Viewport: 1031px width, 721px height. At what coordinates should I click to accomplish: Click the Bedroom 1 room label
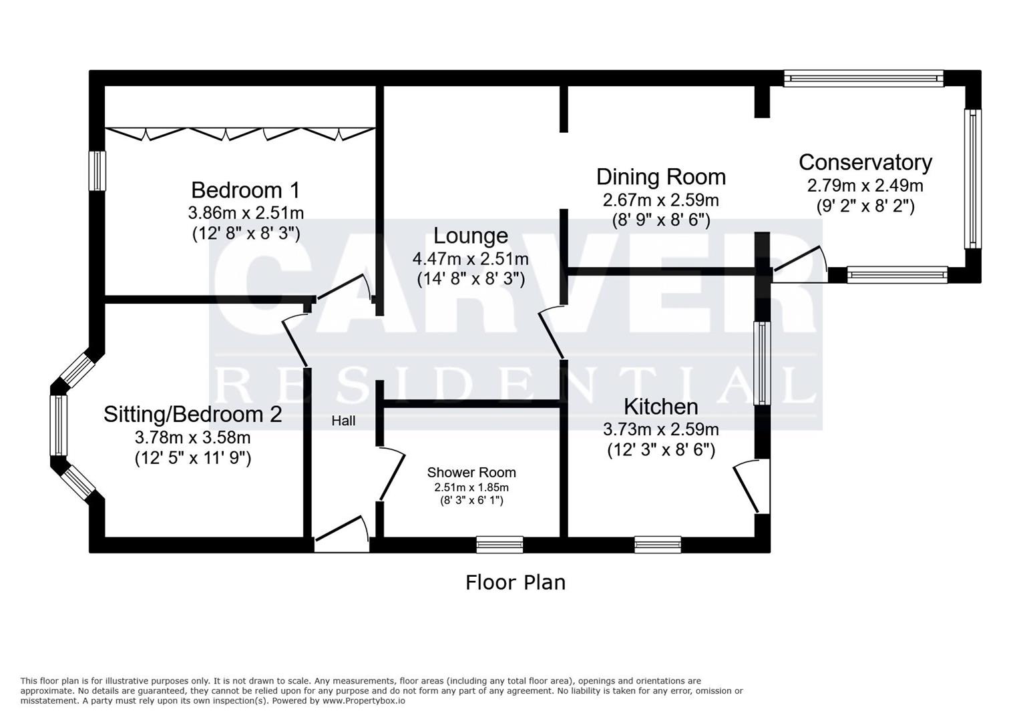coord(245,190)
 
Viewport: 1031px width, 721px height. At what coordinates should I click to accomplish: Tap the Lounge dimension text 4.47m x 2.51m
coord(470,258)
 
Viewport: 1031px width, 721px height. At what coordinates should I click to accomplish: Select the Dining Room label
coord(660,177)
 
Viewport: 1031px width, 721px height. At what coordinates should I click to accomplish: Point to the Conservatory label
coord(865,162)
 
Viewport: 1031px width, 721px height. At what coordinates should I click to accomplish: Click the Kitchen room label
coord(660,407)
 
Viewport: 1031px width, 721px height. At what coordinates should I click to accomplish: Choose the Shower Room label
coord(471,473)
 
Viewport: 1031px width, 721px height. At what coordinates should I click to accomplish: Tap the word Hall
coord(343,421)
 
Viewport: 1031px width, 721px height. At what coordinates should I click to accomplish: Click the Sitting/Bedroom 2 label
coord(192,415)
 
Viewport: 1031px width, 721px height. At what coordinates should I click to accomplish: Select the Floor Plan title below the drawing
coord(515,582)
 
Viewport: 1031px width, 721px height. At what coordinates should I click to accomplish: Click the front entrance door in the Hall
coord(341,534)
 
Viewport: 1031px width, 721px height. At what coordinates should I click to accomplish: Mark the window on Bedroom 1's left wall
coord(98,171)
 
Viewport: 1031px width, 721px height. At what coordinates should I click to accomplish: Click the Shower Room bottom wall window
coord(499,545)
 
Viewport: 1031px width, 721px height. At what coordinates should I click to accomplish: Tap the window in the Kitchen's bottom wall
coord(658,545)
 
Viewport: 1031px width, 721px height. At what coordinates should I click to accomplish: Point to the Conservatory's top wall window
coord(863,79)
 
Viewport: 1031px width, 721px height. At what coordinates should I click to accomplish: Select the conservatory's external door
coord(799,267)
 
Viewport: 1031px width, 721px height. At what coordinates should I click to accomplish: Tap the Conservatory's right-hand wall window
coord(973,178)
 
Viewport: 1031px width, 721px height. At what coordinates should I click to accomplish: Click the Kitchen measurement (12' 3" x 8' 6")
coord(660,450)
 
